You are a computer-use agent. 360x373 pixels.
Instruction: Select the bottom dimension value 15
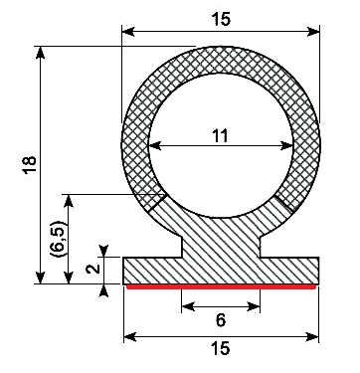(221, 348)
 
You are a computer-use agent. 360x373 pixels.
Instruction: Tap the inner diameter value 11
(221, 137)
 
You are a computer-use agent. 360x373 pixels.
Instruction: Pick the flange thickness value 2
(90, 267)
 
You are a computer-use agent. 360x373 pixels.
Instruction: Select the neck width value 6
(221, 320)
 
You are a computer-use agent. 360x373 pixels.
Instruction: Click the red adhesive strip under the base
(221, 286)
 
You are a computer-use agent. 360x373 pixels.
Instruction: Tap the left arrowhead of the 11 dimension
(153, 148)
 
